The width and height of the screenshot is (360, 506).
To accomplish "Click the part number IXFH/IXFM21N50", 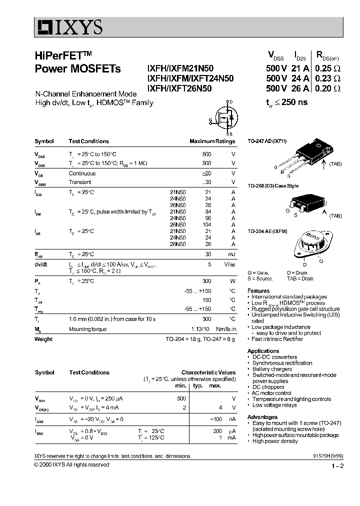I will (182, 69).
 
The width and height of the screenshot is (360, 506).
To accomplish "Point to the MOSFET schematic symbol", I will (223, 117).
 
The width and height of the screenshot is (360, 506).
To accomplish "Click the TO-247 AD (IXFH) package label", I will (267, 141).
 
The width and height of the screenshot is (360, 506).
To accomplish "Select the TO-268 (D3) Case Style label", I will (273, 185).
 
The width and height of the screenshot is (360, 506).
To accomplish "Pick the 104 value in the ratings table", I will (207, 224).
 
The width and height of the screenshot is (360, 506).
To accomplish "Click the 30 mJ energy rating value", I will (208, 254).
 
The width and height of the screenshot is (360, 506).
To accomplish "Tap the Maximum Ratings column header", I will (212, 141).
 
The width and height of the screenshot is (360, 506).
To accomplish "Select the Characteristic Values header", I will (208, 372).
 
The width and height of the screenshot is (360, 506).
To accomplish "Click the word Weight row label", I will (43, 339).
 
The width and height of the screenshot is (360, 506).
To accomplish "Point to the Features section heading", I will (258, 290).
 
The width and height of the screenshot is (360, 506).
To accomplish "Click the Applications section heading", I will (263, 351).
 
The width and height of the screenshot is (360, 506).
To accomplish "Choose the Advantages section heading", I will (262, 417).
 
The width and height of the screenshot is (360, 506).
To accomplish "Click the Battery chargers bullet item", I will (272, 369).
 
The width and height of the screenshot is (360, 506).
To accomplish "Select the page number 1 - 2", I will (337, 466).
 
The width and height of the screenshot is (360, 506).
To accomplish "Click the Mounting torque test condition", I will (88, 329).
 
